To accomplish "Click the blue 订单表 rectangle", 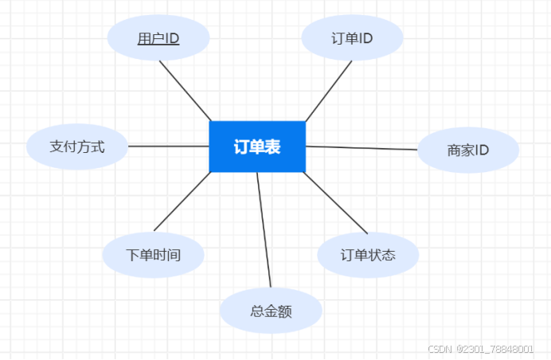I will (257, 147).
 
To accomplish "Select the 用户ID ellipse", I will (158, 38).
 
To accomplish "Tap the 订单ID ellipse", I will (352, 37).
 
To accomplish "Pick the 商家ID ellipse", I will (468, 149).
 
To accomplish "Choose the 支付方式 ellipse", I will (77, 147).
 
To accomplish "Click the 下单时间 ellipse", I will (153, 256).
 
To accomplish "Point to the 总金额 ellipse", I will (271, 311).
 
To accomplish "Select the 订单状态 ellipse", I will (368, 256).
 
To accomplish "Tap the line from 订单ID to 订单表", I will (328, 90).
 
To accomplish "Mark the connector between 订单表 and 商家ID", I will (362, 148).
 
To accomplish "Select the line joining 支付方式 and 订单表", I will (169, 146).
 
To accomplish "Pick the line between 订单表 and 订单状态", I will (336, 202).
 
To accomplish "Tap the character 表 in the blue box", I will (273, 147).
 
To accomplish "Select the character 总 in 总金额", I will (256, 311).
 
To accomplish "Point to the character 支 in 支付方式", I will (57, 147).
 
